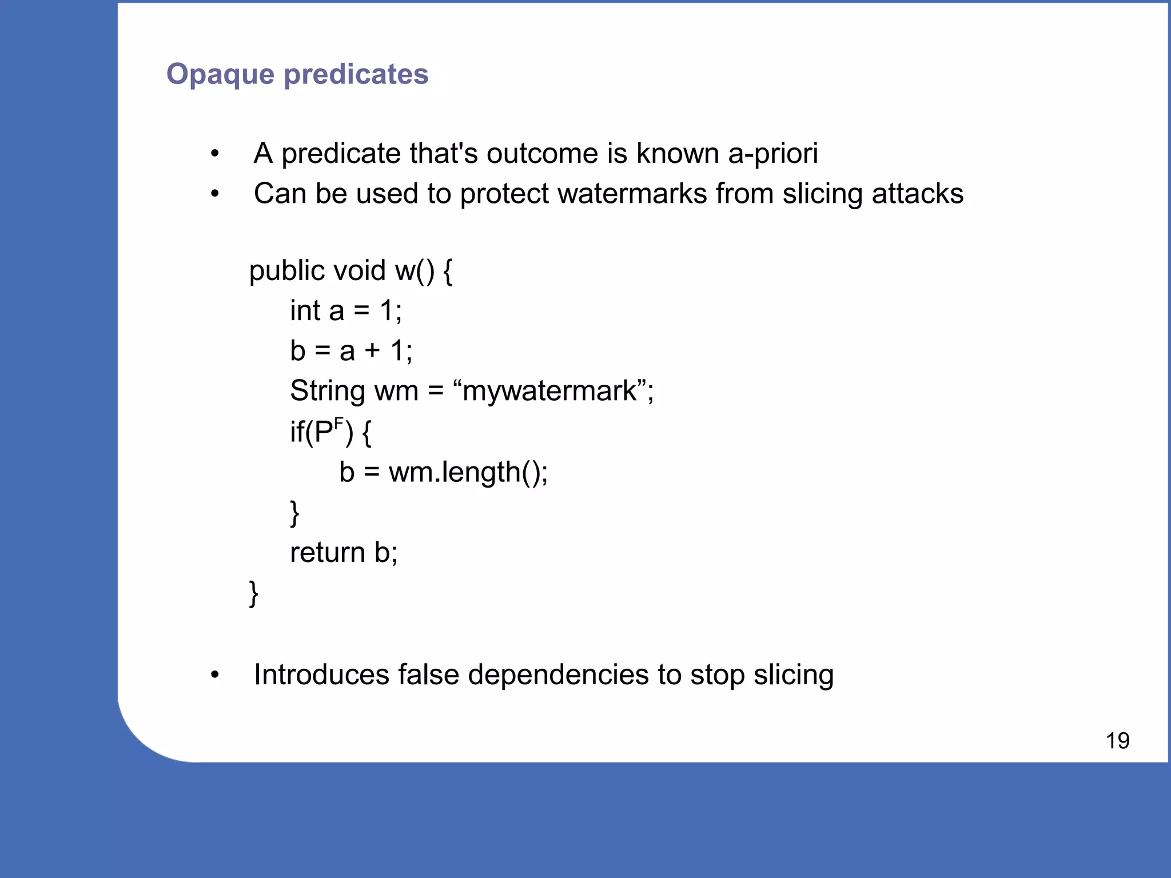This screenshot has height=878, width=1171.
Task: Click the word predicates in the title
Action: (x=356, y=75)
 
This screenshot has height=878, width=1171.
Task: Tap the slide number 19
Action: (x=1117, y=741)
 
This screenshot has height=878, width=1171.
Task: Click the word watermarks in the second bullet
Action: (x=632, y=194)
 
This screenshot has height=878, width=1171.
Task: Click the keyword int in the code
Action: (x=305, y=311)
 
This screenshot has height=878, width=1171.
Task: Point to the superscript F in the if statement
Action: (x=338, y=424)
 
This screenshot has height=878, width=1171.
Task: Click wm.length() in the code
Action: (x=468, y=473)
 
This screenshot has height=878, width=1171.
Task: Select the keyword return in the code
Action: (x=327, y=553)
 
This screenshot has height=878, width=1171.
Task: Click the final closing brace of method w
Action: (x=254, y=593)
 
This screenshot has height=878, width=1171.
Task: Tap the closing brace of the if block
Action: (x=294, y=513)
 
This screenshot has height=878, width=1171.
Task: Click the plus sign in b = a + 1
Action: (x=372, y=351)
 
